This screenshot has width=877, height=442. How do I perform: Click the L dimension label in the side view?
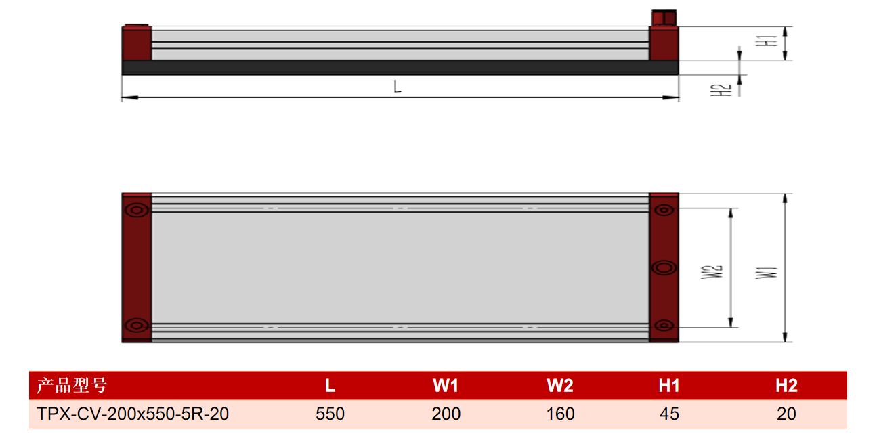[x=398, y=87]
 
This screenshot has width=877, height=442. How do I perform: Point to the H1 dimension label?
[x=766, y=41]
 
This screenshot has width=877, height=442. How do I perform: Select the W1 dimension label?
[x=766, y=273]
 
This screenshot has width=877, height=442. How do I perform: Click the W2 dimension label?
[x=711, y=272]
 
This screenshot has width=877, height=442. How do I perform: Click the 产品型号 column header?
[x=72, y=386]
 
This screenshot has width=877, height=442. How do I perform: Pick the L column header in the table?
[x=330, y=386]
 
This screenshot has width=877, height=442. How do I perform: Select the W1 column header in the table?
[x=446, y=386]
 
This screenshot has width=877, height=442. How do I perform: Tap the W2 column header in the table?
[x=560, y=386]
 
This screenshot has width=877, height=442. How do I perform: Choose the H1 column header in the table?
[x=669, y=386]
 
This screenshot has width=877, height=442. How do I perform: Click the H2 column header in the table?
[x=786, y=386]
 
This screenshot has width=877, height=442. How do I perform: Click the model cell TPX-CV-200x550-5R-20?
[x=133, y=414]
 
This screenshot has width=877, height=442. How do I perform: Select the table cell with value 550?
[x=330, y=414]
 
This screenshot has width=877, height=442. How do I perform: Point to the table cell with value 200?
[x=446, y=414]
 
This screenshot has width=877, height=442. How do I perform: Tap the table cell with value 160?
[x=560, y=414]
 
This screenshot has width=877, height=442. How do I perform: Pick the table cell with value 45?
[x=669, y=414]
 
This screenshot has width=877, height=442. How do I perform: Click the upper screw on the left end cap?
[x=137, y=210]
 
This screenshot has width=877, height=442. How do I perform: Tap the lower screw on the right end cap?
[x=664, y=325]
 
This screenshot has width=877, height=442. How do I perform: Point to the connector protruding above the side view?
[x=664, y=18]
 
